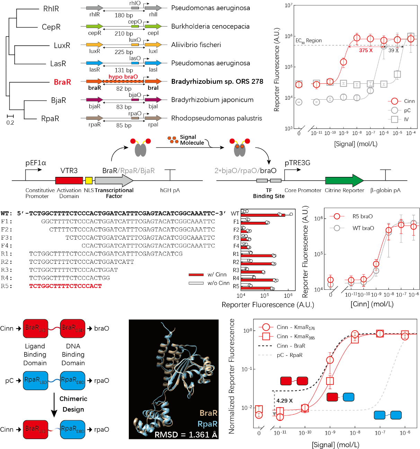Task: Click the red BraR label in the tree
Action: [62, 82]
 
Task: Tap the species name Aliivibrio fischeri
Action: [196, 45]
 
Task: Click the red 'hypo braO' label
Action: [123, 77]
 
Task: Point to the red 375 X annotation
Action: [366, 51]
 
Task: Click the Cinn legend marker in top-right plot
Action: [394, 101]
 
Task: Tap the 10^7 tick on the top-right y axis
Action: [288, 6]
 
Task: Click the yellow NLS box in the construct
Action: [89, 180]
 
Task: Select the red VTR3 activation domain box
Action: [69, 180]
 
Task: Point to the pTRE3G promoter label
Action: [297, 163]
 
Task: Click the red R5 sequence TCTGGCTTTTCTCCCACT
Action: [65, 286]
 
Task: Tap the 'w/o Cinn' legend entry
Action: [218, 283]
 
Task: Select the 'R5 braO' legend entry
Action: [362, 216]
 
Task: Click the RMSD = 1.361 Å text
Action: [186, 434]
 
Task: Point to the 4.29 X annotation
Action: [284, 401]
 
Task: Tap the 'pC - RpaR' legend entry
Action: [289, 355]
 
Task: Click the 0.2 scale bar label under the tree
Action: [10, 123]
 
